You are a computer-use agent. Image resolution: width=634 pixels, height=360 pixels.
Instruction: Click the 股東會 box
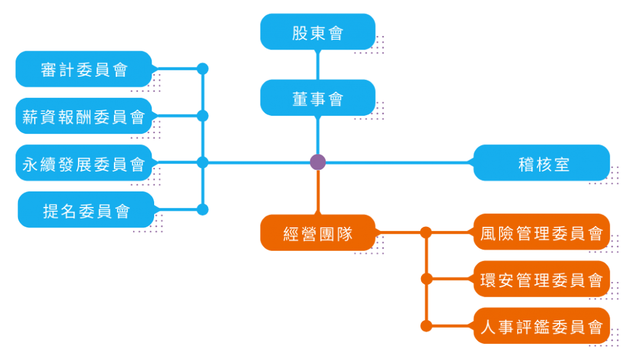click(318, 32)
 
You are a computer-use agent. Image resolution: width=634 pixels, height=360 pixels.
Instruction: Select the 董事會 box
click(318, 98)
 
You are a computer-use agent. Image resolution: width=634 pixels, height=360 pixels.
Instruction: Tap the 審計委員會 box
click(84, 69)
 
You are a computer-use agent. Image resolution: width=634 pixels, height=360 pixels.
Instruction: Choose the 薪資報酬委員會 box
click(84, 116)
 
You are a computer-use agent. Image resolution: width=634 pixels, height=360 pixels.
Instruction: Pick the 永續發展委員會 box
click(84, 163)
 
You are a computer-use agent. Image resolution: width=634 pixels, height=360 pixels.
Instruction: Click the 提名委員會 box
click(86, 210)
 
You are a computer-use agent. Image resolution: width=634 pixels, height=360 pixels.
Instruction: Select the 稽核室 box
click(542, 163)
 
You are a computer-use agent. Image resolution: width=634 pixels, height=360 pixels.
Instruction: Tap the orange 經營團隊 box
click(318, 233)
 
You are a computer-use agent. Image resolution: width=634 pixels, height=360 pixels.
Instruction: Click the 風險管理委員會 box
click(542, 232)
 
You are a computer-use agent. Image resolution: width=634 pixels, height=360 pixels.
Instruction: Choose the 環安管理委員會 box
click(542, 279)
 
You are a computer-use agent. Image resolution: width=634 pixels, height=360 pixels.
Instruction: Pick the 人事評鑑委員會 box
click(542, 326)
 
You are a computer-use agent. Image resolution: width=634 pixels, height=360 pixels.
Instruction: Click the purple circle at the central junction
click(318, 162)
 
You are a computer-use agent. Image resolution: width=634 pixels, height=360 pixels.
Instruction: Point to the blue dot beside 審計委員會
click(202, 69)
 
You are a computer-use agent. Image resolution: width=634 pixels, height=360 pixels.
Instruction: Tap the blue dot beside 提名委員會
click(202, 209)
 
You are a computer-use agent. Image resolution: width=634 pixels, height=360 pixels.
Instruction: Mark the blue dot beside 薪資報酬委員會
click(202, 116)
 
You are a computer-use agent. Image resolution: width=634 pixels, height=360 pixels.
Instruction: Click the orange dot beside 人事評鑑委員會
click(426, 326)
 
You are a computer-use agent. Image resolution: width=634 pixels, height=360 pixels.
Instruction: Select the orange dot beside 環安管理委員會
click(426, 279)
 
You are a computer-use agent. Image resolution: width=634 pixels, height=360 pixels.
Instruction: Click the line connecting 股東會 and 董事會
click(318, 64)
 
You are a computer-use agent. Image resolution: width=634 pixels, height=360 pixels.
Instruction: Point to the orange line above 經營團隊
click(318, 193)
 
